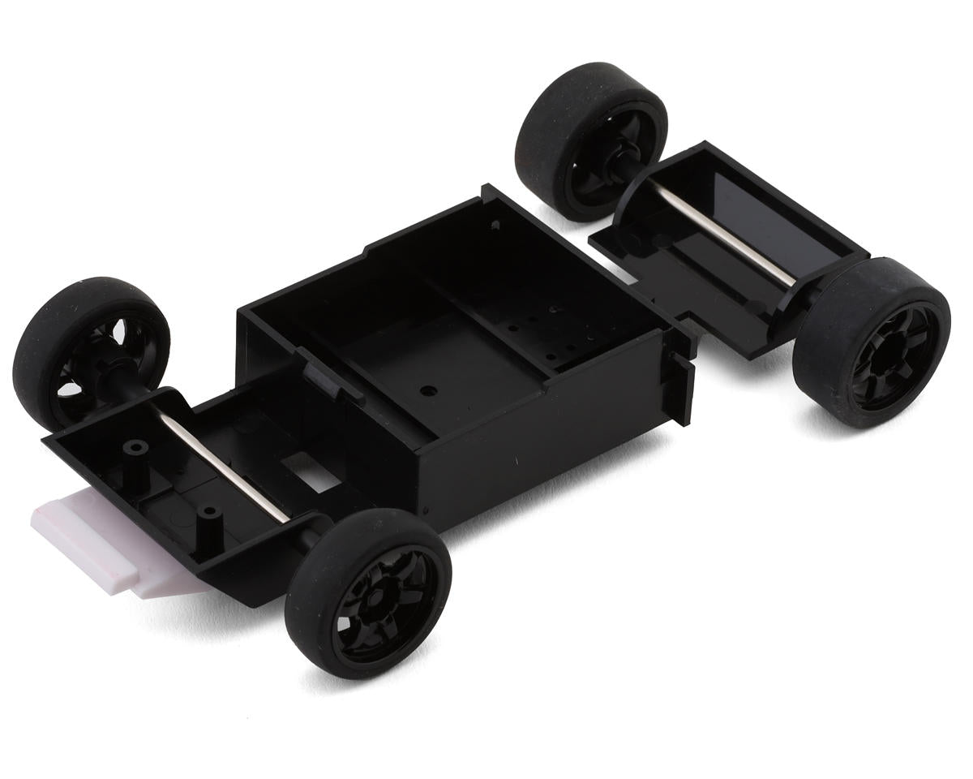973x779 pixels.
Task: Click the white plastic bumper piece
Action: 97,540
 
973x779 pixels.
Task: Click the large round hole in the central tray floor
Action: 426,390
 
